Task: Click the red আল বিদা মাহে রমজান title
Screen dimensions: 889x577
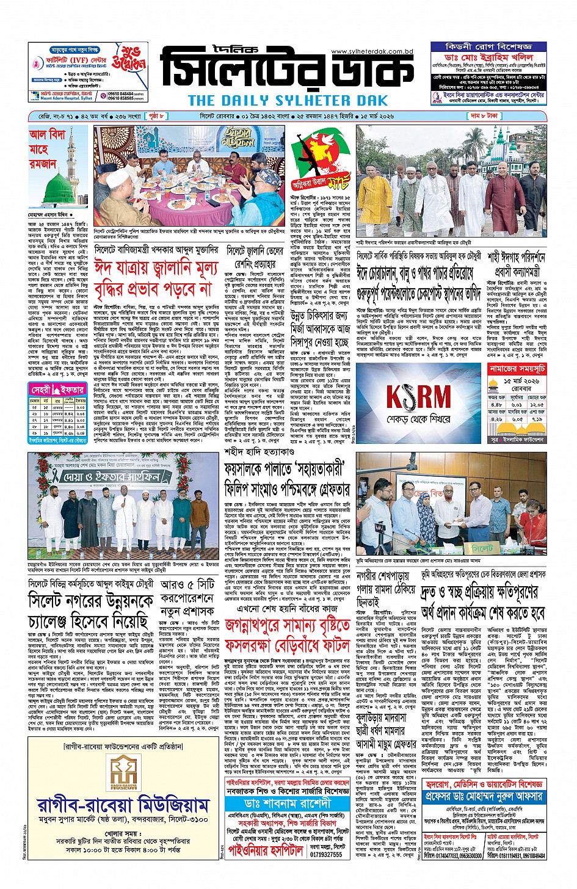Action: pos(49,149)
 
